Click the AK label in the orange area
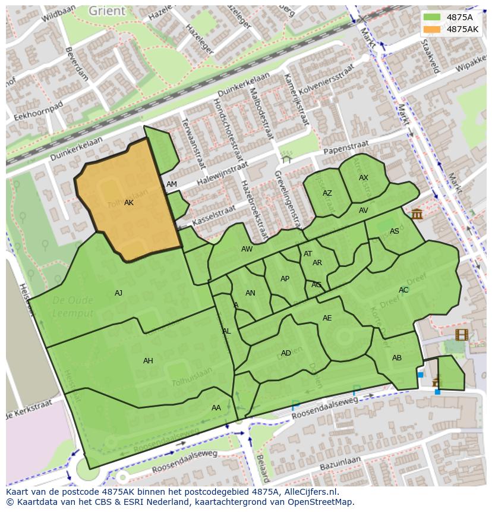[129, 203]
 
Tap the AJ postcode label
[118, 293]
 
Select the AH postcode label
[148, 360]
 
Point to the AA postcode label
[216, 407]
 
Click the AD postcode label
[286, 353]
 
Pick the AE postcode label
[327, 318]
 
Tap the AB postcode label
[397, 357]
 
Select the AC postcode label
[403, 290]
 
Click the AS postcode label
[395, 231]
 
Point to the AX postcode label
[364, 178]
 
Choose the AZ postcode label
[327, 193]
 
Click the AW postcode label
[247, 249]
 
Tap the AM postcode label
[172, 184]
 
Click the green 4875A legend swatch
[432, 17]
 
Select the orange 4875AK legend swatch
[432, 29]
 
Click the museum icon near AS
[417, 213]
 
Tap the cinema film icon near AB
[462, 334]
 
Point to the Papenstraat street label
[346, 147]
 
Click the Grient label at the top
[107, 11]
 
